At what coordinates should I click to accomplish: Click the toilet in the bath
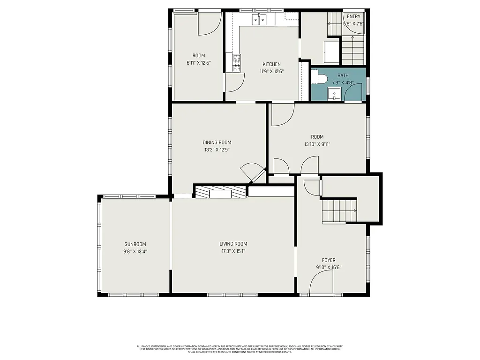coord(320,77)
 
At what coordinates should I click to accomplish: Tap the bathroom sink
coord(334,95)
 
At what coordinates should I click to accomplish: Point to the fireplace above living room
coord(220,192)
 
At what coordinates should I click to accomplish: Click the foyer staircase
coord(339,210)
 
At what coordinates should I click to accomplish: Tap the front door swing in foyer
coord(321,283)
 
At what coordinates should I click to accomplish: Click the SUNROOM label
coord(135,244)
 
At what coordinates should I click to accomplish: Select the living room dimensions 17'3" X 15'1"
coord(233,251)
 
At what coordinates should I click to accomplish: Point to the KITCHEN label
coord(271,65)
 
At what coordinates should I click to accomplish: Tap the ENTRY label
coord(353,17)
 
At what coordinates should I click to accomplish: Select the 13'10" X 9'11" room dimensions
coord(317,144)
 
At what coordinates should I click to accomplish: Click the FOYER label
coord(329,260)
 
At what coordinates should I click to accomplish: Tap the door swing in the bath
coord(353,92)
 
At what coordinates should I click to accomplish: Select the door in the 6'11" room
coord(209,23)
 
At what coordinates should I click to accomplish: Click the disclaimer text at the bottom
coord(240,349)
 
